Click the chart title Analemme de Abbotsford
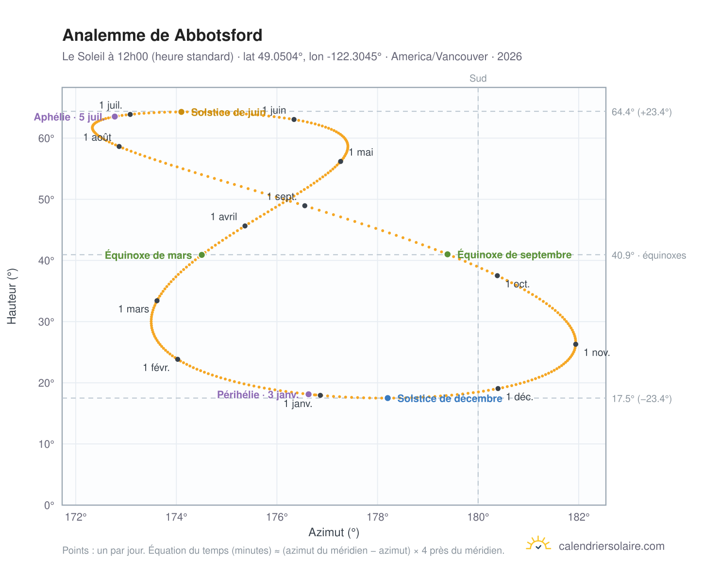pos(162,35)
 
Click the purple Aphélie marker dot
pos(114,116)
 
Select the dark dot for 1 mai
pos(340,161)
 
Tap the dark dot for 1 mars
pos(157,300)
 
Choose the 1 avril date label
pos(223,216)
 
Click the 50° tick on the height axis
pos(46,199)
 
